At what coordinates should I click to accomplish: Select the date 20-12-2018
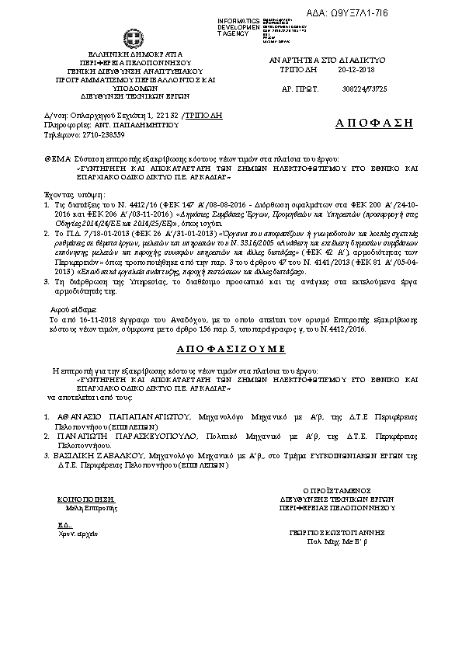pyautogui.click(x=356, y=69)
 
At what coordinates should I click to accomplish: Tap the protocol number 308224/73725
pyautogui.click(x=365, y=89)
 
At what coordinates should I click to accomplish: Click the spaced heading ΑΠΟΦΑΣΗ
pyautogui.click(x=374, y=123)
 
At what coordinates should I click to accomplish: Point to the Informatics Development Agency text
pyautogui.click(x=238, y=26)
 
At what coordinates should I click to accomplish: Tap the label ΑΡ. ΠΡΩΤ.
pyautogui.click(x=300, y=89)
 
